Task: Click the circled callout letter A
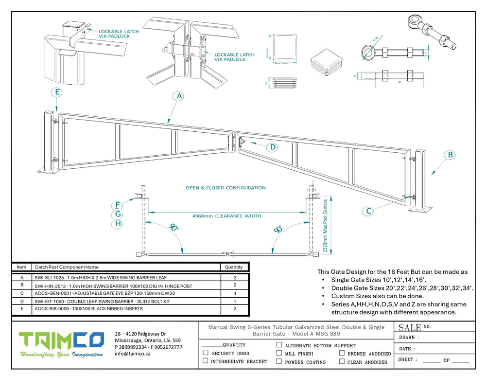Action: [x=179, y=96]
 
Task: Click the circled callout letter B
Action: [x=451, y=155]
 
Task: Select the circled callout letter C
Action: [x=369, y=211]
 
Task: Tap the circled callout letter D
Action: [x=273, y=147]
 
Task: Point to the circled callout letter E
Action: [x=57, y=92]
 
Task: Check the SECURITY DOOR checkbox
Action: [x=206, y=353]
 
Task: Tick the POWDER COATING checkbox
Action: [x=279, y=361]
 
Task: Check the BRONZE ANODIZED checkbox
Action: [x=342, y=353]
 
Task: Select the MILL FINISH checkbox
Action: [x=279, y=353]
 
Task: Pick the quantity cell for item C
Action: [x=234, y=293]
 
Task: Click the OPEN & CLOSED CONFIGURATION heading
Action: [x=226, y=187]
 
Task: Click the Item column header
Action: [x=22, y=267]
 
